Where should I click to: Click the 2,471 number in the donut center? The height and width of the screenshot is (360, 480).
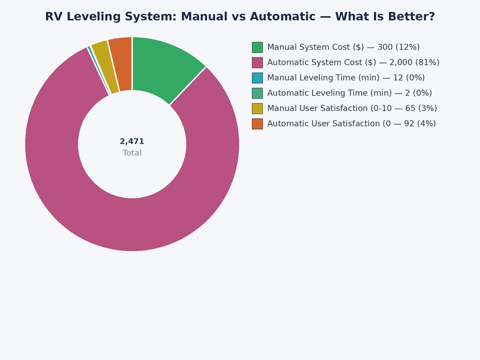[132, 142]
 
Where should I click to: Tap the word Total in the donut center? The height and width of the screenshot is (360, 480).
[132, 153]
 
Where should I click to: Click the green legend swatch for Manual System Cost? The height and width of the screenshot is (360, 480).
[257, 47]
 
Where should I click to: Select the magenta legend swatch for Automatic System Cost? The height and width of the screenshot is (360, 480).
[257, 62]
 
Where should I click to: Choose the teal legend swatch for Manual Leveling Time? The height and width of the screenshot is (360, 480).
[257, 77]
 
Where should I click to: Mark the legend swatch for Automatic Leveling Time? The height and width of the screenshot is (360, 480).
[257, 93]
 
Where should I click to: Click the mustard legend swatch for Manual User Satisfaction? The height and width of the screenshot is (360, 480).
[257, 108]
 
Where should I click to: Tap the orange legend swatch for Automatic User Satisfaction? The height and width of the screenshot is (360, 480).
[257, 124]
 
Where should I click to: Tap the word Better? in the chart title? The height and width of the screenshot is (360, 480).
[413, 17]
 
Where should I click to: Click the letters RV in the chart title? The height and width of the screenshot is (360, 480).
[53, 17]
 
